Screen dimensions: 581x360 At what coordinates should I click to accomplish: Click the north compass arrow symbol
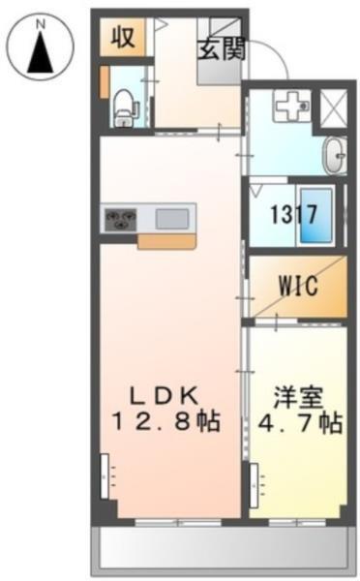click(x=40, y=52)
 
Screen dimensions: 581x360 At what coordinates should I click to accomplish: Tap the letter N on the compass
click(x=40, y=19)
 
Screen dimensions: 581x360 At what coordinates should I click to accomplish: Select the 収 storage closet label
click(x=122, y=39)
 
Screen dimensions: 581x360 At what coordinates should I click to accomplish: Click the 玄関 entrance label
click(x=222, y=49)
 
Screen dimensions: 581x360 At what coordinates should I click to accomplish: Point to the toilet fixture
click(x=123, y=104)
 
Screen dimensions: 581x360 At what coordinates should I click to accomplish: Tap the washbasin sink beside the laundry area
click(x=335, y=155)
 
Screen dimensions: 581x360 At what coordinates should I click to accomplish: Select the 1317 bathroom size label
click(x=292, y=214)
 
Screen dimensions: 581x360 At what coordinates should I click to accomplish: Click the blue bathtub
click(x=323, y=214)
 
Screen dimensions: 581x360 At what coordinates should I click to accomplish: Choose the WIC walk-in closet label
click(x=298, y=287)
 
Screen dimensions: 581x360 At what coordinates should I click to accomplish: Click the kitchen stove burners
click(x=120, y=219)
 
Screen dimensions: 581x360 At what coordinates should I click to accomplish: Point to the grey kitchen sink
click(x=173, y=219)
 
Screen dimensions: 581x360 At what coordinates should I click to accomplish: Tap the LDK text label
click(x=165, y=395)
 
